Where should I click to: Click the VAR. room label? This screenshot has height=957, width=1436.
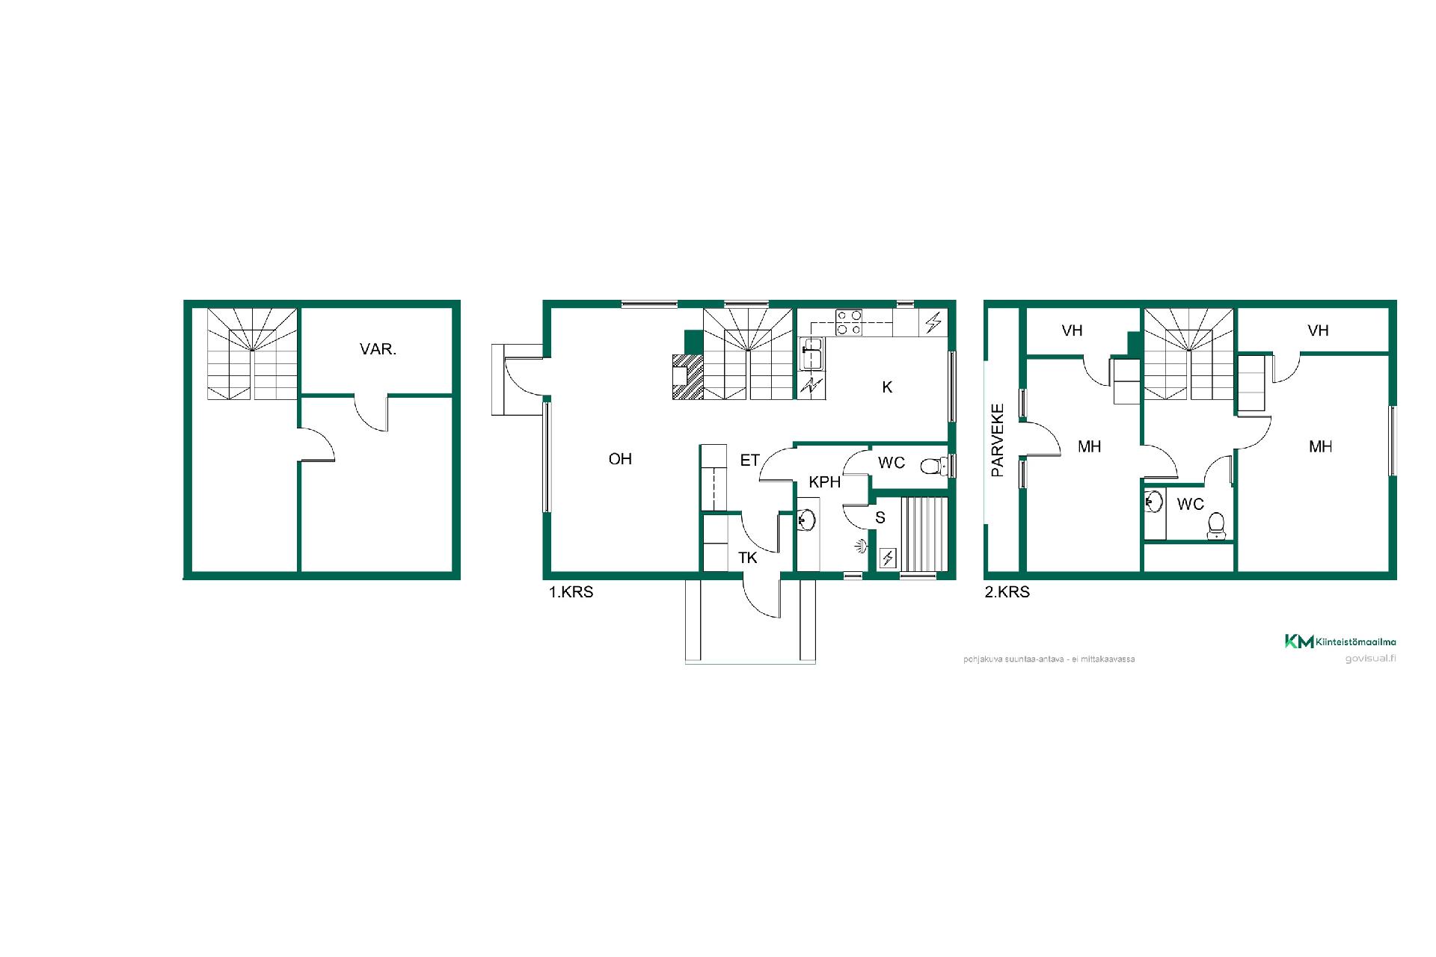point(378,349)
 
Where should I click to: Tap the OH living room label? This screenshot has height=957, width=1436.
point(620,459)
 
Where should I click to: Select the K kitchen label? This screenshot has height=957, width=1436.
point(887,387)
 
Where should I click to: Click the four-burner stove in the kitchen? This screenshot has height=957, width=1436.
point(849,321)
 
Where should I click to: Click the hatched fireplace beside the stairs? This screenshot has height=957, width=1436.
point(688,376)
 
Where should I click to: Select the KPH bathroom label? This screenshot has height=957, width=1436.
point(824,482)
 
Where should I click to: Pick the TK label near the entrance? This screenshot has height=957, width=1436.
point(748,558)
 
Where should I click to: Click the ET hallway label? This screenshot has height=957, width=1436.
point(750,461)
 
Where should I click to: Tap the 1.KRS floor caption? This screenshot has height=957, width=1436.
point(571,592)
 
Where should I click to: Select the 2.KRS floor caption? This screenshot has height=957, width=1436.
point(1007,592)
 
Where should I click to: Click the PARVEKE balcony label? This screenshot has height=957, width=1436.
point(998,441)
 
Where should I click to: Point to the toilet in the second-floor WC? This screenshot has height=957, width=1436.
point(1216,526)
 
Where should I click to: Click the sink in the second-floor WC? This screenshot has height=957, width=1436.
point(1153,501)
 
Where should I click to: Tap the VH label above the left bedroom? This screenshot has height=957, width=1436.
point(1072,330)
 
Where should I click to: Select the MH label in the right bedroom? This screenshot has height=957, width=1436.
point(1320,447)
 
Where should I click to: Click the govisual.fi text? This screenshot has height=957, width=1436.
point(1370,659)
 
